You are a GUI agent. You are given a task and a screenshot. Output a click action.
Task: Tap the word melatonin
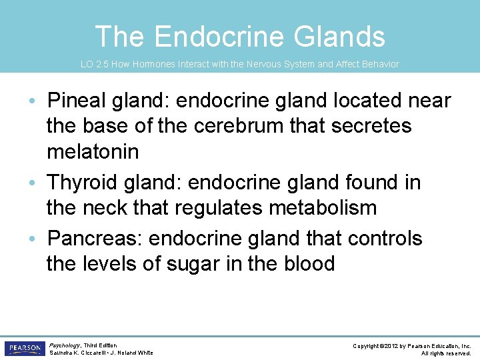pos(93,151)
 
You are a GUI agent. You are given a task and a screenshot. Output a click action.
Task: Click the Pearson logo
pos(24,349)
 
